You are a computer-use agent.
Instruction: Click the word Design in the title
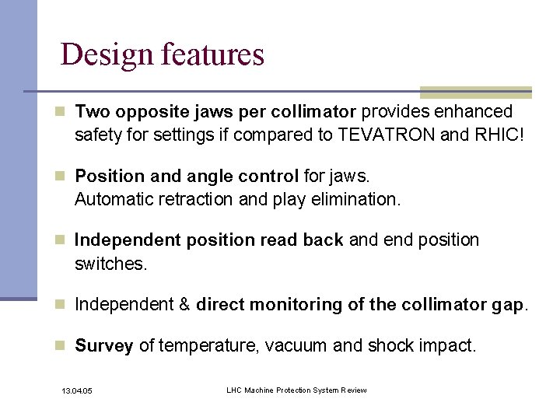point(107,55)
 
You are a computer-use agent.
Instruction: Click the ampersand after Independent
point(184,304)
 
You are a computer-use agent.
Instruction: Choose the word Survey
point(104,346)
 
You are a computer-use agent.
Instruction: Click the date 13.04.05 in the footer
point(76,390)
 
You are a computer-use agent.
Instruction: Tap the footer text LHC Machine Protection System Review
point(296,389)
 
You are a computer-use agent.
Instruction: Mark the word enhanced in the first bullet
point(475,112)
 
